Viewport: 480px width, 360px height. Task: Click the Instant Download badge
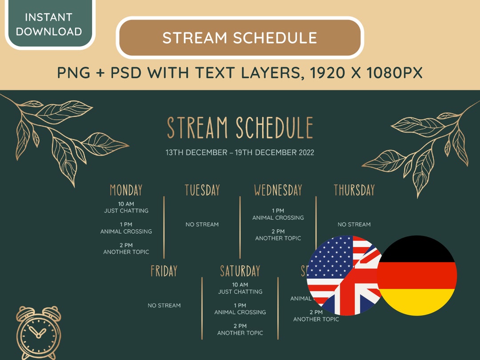48,24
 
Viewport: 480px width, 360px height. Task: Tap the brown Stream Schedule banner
240,38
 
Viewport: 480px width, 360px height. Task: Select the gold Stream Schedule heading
240,128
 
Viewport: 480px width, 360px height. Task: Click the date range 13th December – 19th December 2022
240,152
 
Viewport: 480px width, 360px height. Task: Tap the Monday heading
126,190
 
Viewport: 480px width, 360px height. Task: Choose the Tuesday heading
202,190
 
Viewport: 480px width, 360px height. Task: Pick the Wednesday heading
278,190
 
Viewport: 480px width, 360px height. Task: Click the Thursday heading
354,190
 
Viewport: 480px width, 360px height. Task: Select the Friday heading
164,271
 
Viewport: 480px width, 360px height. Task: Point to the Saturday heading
240,271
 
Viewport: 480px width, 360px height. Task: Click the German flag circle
416,276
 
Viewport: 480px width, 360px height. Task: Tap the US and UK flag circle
343,276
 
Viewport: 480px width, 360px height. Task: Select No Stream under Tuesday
202,224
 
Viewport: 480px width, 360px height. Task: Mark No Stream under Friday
164,305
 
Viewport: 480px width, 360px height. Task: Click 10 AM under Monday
126,204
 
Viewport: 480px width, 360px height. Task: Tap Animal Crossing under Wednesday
278,218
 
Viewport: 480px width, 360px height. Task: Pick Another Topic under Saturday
240,333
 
